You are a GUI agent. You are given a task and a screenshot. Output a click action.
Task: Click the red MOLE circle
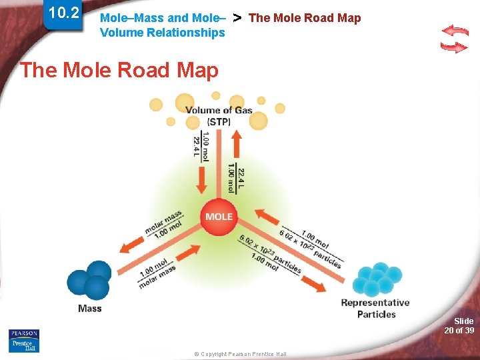point(219,217)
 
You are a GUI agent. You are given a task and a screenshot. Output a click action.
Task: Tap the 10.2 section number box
point(64,14)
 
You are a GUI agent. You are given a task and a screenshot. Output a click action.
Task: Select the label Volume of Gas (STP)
point(219,115)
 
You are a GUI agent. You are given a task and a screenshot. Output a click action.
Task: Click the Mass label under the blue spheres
point(90,308)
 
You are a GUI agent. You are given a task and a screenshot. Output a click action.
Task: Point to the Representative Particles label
point(375,308)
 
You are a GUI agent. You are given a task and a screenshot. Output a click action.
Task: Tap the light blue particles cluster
point(379,279)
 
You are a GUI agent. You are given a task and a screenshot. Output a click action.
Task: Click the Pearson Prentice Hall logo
point(24,340)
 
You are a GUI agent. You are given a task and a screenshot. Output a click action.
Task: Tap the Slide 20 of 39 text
point(459,325)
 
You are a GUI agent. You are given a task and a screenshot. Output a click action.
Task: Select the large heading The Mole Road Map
point(119,70)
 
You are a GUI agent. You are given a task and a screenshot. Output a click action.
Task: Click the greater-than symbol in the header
point(237,17)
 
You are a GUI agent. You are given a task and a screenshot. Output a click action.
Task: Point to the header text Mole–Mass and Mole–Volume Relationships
point(163,25)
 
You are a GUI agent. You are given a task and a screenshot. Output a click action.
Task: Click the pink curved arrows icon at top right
point(455,39)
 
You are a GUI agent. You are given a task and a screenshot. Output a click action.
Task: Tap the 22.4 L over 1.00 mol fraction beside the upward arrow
point(236,179)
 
